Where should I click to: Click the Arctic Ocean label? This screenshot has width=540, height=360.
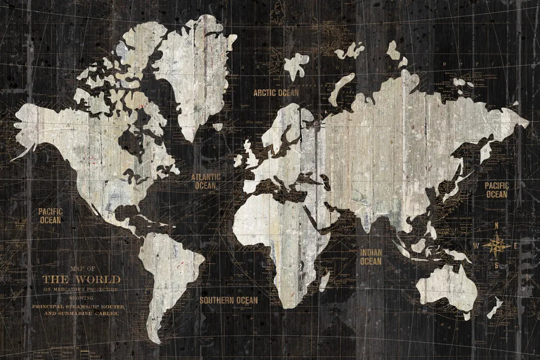[x=276, y=93]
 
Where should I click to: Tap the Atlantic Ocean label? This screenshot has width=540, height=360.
[x=206, y=181]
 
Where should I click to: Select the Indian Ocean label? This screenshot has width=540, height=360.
[x=371, y=257]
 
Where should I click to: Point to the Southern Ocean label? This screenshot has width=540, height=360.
[x=228, y=300]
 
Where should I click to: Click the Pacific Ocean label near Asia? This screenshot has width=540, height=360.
[x=496, y=190]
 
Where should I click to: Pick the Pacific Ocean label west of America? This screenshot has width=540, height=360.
[x=50, y=216]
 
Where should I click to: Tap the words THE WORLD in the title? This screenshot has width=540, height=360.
[x=81, y=279]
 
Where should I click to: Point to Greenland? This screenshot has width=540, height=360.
[x=195, y=69]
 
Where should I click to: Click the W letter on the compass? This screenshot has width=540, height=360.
[x=476, y=246]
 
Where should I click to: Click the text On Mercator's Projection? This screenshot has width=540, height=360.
[x=80, y=289]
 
